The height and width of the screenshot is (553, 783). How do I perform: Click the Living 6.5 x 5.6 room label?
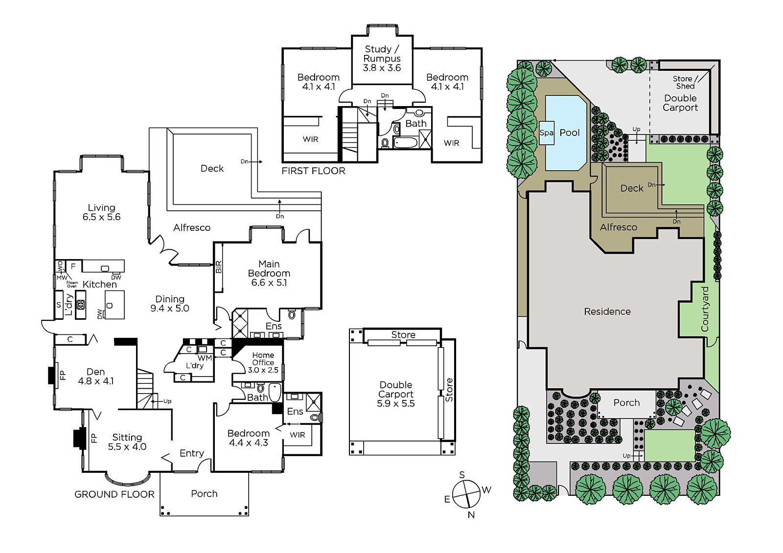click(101, 212)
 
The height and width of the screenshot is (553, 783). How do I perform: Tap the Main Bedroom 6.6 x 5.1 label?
click(269, 273)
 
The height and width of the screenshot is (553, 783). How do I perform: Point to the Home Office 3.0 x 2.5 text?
click(263, 363)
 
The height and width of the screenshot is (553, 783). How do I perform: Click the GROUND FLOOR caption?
click(115, 494)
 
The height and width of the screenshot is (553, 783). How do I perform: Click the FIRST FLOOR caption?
click(313, 171)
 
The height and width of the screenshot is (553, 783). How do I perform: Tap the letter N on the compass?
click(471, 514)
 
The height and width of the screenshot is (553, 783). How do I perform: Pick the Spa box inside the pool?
click(546, 133)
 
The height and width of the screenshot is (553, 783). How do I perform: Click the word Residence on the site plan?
click(607, 311)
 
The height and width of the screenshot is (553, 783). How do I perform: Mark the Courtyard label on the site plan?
click(705, 309)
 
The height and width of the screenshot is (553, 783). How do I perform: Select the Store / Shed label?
click(685, 83)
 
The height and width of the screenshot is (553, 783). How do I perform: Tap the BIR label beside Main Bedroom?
click(219, 267)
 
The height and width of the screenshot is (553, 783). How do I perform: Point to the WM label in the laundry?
click(205, 358)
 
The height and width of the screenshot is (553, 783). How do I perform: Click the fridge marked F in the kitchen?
click(73, 266)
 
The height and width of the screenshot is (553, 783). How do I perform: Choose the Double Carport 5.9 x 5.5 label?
click(396, 394)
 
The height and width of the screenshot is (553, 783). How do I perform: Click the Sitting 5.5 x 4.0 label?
click(127, 442)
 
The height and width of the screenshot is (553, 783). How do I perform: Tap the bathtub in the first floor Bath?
click(406, 143)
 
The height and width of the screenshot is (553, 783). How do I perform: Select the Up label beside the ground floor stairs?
click(167, 401)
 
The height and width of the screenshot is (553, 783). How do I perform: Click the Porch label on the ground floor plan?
click(204, 494)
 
